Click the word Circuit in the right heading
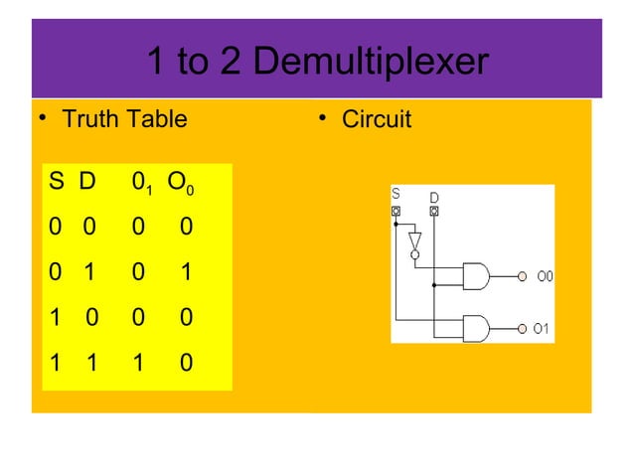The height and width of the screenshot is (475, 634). point(377,120)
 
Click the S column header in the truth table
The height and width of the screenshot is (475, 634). point(56,183)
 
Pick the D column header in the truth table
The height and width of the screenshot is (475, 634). point(88,183)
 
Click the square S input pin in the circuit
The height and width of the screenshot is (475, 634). point(396,211)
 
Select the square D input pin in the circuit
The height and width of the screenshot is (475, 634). point(434,211)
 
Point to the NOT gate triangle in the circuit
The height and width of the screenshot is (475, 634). point(415,241)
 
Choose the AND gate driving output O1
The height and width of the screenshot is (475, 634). point(476,328)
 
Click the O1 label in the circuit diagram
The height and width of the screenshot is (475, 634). point(541,328)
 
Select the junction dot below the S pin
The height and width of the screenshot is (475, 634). point(396,225)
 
